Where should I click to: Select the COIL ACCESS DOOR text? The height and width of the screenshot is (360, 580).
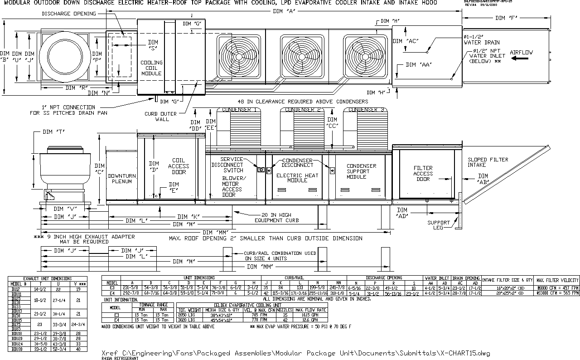(179, 166)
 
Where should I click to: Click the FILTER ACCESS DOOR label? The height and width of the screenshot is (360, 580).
(423, 173)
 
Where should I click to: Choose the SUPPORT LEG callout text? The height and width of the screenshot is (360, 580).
(439, 225)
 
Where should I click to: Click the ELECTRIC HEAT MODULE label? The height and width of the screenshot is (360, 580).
(297, 178)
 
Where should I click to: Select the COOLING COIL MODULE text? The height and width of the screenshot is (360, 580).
(151, 68)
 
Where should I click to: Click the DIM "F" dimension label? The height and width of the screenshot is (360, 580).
(506, 18)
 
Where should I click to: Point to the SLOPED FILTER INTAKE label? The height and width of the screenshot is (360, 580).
(488, 162)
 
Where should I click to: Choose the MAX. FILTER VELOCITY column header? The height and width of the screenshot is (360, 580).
(556, 280)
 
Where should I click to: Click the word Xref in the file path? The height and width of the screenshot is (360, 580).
(111, 353)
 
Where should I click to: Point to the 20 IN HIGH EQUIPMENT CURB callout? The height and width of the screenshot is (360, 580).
(276, 217)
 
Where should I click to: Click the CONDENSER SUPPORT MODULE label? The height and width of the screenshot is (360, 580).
(362, 171)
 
